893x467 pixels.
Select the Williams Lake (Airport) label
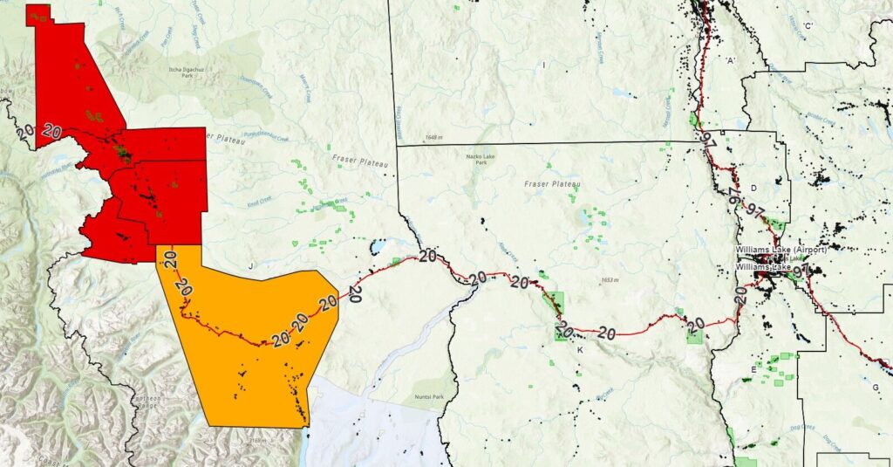coord(780,249)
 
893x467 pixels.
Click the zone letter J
coord(250,264)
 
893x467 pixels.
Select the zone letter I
coord(543,65)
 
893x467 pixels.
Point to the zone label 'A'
coord(731,59)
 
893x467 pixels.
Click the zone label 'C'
coord(808,26)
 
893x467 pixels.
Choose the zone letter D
coord(753,188)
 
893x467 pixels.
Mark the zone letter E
coord(753,370)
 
